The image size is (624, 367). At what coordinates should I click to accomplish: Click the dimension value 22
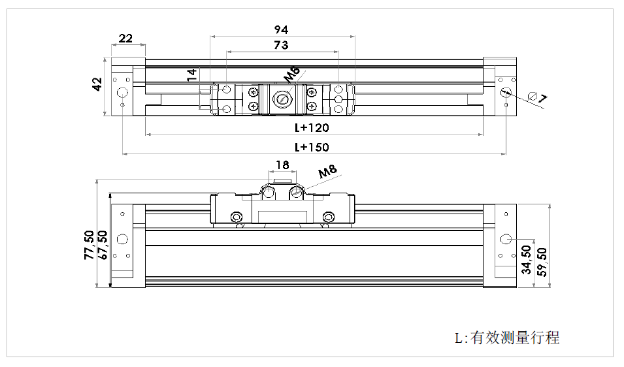[126, 38]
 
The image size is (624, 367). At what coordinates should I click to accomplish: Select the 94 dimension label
[281, 30]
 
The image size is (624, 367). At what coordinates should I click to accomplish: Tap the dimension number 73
[281, 45]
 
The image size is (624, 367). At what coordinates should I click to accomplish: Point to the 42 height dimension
[97, 84]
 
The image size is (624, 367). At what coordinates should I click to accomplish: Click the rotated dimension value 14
[191, 74]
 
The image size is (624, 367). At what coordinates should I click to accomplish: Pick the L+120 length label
[312, 127]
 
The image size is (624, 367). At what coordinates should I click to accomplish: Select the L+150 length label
[312, 147]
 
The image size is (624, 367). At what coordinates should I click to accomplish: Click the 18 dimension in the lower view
[282, 165]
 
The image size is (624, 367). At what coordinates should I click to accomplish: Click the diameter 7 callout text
[538, 98]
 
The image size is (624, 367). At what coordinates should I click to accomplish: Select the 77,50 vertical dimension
[89, 246]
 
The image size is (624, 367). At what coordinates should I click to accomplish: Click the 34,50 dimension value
[527, 260]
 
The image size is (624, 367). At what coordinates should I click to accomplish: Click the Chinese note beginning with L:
[507, 338]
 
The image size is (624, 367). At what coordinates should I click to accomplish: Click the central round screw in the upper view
[282, 99]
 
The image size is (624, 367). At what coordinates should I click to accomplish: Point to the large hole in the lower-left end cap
[122, 238]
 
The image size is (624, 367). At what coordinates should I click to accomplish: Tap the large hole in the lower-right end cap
[505, 238]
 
